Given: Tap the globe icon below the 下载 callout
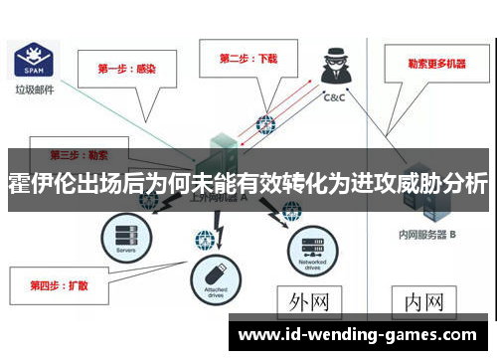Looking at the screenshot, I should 265,125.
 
